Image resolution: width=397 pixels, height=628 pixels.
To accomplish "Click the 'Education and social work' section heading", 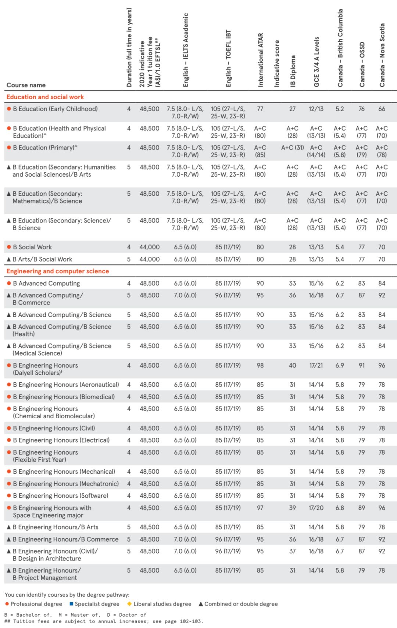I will (x=45, y=97).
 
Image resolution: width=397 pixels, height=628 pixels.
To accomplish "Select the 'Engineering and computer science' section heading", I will (x=58, y=271).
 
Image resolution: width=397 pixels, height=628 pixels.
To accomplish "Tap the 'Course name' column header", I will (x=26, y=85).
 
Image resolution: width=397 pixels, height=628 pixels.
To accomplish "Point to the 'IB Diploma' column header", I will (x=293, y=71).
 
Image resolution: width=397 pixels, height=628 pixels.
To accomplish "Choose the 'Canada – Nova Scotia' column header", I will (x=382, y=55).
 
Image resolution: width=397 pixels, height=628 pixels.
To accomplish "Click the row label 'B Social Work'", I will (x=32, y=247).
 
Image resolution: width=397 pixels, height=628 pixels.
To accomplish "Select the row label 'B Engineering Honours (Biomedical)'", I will (x=64, y=397).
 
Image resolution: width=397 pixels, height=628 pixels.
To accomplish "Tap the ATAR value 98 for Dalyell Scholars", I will (x=260, y=365).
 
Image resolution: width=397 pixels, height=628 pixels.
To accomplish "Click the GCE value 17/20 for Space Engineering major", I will (x=316, y=508).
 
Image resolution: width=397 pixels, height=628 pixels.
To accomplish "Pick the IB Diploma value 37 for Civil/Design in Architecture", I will (x=293, y=551).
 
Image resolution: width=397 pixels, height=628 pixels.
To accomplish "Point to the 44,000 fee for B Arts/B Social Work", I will (x=150, y=259).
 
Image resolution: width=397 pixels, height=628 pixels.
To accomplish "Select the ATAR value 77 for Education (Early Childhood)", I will (x=260, y=109).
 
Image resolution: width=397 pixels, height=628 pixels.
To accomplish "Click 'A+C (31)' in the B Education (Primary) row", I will (x=293, y=148).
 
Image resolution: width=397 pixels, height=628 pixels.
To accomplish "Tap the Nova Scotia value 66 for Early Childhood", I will (x=382, y=109).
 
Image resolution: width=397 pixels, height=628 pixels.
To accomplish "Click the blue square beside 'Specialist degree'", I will (x=71, y=604).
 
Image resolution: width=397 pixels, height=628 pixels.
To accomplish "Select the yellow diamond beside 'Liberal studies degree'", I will (x=129, y=604).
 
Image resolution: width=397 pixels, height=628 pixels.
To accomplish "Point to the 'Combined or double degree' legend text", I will (x=241, y=604).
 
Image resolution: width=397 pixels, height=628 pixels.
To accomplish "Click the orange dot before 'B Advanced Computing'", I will (x=9, y=283).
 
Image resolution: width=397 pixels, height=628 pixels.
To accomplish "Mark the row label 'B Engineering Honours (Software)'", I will (x=61, y=495).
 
